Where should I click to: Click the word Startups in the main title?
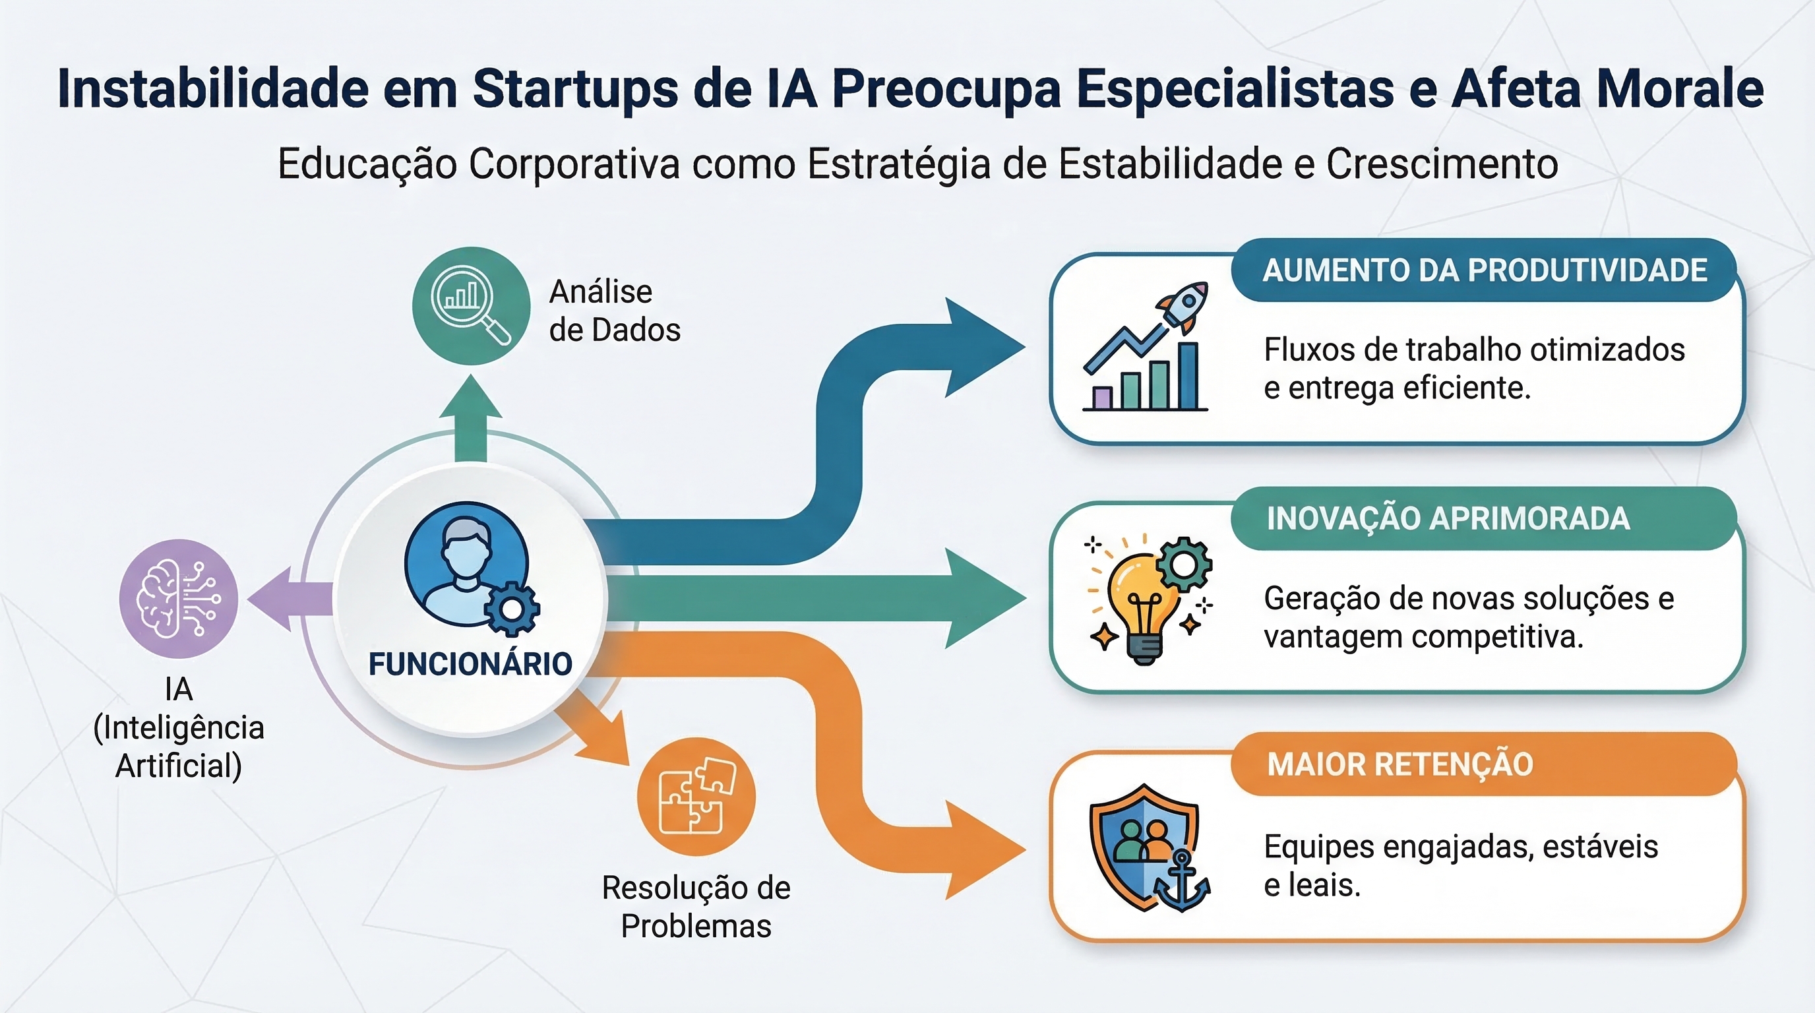pos(576,89)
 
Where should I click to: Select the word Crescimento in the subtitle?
pos(1442,164)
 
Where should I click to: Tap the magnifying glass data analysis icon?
pos(471,306)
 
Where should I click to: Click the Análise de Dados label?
pos(615,311)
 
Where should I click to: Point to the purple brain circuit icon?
pos(178,598)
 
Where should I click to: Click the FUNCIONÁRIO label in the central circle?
pos(470,664)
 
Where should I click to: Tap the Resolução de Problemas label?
pos(696,907)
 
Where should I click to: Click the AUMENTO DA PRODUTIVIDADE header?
pos(1485,270)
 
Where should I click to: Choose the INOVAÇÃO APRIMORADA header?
pos(1448,518)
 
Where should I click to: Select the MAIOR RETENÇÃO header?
pos(1400,764)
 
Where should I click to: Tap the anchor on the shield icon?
pos(1182,882)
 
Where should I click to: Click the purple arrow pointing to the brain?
pos(282,598)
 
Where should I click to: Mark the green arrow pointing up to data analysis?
pos(471,415)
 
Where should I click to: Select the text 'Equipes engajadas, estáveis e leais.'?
pos(1460,866)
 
